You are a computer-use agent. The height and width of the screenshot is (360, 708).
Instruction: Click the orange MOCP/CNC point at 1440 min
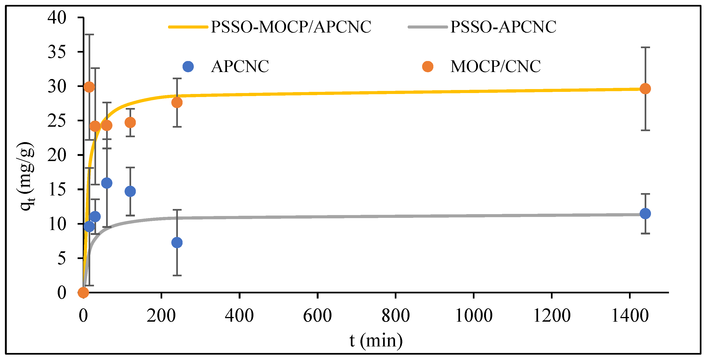point(645,89)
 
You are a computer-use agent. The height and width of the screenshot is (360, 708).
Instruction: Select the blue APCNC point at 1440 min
point(645,213)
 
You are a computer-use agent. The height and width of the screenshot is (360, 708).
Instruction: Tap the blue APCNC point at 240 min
point(177,243)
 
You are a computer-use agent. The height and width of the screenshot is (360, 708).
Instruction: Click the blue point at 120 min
point(130,191)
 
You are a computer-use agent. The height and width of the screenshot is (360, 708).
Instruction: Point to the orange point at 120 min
point(130,122)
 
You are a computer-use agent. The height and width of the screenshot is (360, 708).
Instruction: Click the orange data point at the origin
point(83,293)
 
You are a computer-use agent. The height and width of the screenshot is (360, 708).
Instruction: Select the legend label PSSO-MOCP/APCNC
point(291,27)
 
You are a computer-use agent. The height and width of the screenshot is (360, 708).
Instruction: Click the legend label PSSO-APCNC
point(503,27)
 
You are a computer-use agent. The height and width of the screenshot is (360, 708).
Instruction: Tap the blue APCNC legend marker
point(188,66)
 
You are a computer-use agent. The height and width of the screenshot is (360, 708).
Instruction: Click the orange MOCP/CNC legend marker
point(428,66)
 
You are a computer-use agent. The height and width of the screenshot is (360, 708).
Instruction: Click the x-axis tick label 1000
point(474,316)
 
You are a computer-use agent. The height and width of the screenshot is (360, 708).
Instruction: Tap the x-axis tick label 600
point(317,316)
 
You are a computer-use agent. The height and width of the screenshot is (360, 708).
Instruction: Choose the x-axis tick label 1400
point(630,316)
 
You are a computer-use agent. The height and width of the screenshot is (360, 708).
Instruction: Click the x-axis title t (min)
point(376,341)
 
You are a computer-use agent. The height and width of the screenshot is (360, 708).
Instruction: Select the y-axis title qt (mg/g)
point(27,176)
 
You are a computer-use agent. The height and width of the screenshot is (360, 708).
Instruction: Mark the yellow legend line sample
point(188,27)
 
